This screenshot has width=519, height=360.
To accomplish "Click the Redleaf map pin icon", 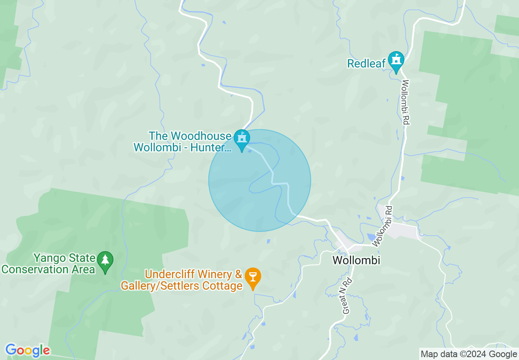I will coord(396,61).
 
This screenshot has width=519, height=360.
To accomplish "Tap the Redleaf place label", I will coord(366,64).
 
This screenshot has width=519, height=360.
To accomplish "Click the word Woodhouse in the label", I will coord(200,136).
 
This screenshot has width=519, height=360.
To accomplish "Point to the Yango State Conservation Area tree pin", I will coord(106,261).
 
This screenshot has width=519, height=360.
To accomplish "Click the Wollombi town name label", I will coord(356,260).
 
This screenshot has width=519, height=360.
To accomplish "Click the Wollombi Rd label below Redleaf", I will coord(406,102).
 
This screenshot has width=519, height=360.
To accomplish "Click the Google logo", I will coord(27,350).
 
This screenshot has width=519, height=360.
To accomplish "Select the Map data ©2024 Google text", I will coord(469,354).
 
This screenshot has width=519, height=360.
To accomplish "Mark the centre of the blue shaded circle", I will coord(259,180).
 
